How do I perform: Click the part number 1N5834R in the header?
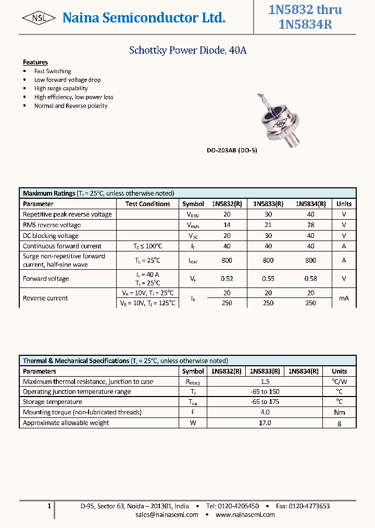click(x=305, y=25)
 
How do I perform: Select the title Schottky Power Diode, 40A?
click(x=187, y=51)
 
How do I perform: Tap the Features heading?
click(x=35, y=62)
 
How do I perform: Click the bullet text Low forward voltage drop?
click(x=67, y=80)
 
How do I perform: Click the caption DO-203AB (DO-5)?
click(x=232, y=150)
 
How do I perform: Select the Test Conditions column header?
click(x=147, y=204)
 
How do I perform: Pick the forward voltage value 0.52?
click(x=227, y=279)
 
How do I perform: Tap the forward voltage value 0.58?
click(x=310, y=279)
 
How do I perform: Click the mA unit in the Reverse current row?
click(x=344, y=298)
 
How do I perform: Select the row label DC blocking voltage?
click(x=51, y=236)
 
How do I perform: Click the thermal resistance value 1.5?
click(x=265, y=381)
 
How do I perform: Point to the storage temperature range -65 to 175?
click(x=265, y=402)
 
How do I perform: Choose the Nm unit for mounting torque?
click(x=339, y=412)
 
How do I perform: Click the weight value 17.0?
click(x=265, y=423)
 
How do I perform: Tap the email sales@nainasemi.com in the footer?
click(x=167, y=514)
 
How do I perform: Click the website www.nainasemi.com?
click(x=245, y=514)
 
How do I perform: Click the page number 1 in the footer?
click(x=49, y=506)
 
